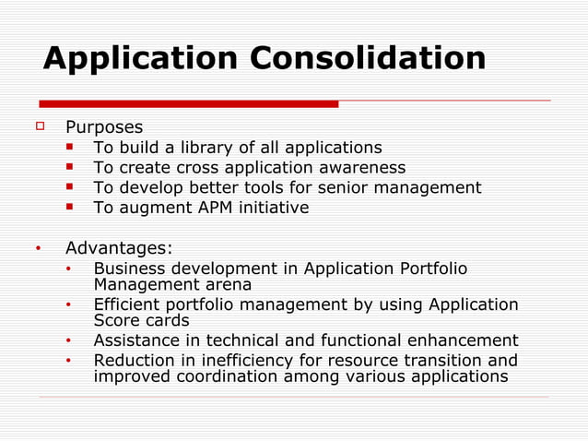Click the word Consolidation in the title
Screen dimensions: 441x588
coord(369,59)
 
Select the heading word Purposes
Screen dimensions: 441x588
coord(104,127)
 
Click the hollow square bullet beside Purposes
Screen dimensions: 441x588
coord(41,126)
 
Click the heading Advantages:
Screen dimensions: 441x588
coord(119,248)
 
